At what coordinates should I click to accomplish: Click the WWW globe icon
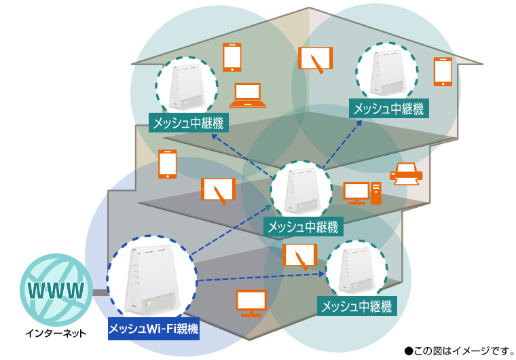point(56,290)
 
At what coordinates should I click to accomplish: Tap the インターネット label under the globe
point(56,334)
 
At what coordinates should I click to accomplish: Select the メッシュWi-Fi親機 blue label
point(153,329)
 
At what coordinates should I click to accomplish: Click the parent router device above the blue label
point(151,278)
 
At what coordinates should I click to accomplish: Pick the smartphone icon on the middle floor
point(167,164)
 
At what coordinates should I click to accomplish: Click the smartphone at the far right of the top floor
point(443,72)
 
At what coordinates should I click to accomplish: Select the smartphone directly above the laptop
point(232,58)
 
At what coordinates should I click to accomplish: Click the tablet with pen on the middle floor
point(218,190)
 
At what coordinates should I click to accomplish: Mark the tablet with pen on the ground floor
point(299,256)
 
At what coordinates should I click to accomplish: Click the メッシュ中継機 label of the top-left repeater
point(189,123)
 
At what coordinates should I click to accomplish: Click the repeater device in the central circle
point(301,192)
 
